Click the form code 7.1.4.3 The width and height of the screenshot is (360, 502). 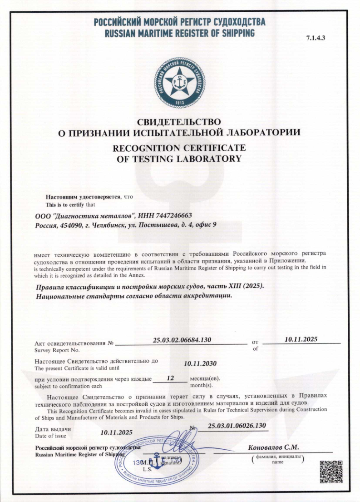pyautogui.click(x=316, y=38)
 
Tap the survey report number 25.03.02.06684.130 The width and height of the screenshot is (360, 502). pyautogui.click(x=182, y=339)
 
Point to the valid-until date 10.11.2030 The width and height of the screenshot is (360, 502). pyautogui.click(x=200, y=363)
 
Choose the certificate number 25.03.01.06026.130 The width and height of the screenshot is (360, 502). pyautogui.click(x=236, y=426)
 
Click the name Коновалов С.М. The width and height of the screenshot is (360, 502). pyautogui.click(x=273, y=447)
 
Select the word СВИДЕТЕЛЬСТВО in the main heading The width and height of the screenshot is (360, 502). pyautogui.click(x=180, y=122)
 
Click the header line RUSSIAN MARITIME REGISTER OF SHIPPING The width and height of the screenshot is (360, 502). pyautogui.click(x=180, y=33)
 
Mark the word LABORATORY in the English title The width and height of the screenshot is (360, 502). pyautogui.click(x=202, y=159)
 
